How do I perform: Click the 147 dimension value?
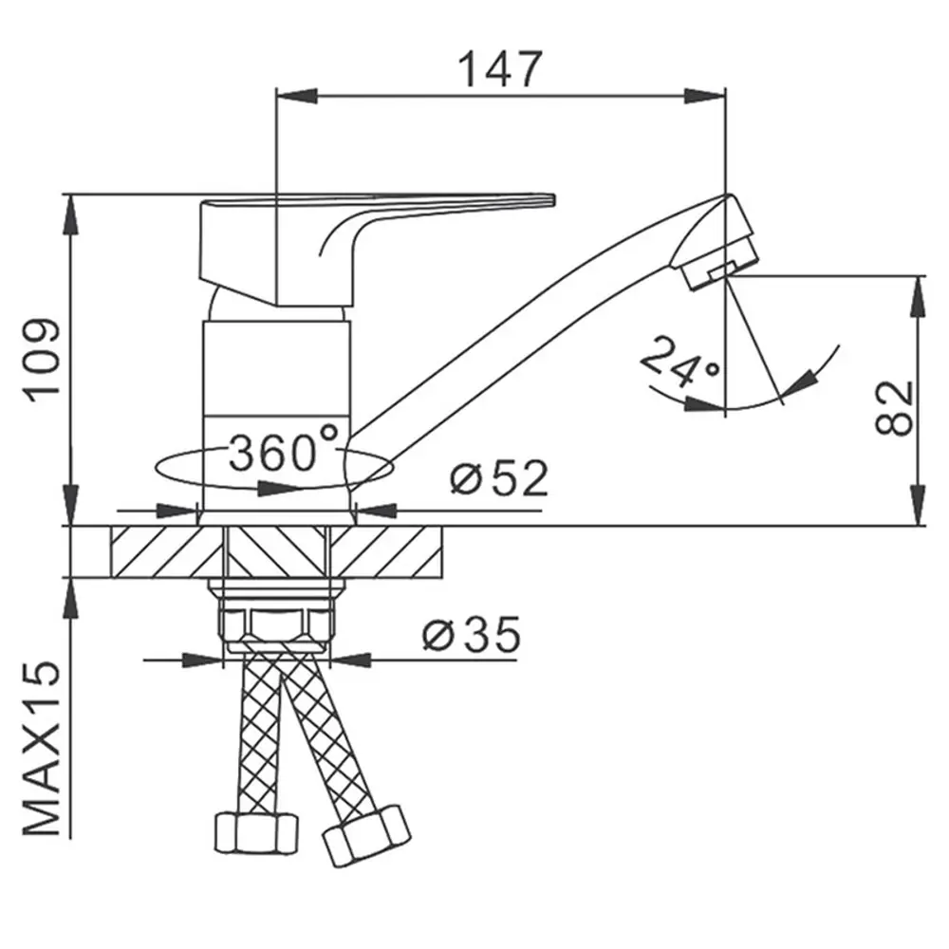(500, 69)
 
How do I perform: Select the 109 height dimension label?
(43, 361)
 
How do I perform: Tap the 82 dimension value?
(895, 407)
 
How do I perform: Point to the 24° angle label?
(679, 362)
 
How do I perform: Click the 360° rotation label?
(283, 449)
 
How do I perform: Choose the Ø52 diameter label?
(499, 478)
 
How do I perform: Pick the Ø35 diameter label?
(472, 634)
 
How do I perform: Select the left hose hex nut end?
(256, 833)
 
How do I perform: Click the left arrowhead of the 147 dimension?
(296, 96)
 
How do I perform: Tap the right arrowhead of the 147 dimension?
(704, 96)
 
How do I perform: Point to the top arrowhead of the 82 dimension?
(919, 296)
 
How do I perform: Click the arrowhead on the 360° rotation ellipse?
(279, 488)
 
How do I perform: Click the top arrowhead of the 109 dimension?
(71, 214)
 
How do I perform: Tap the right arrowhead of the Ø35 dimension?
(351, 660)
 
